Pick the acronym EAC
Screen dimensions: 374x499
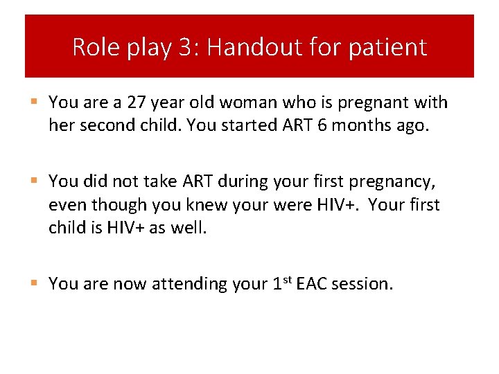(x=310, y=284)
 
